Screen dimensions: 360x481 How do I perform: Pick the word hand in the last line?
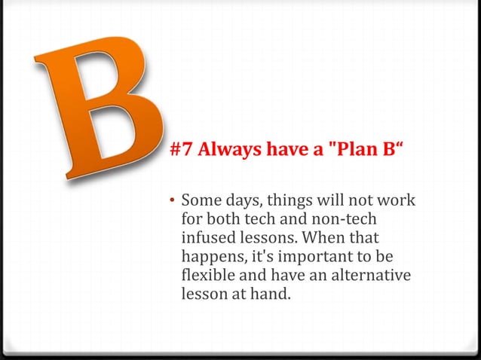[271, 293]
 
